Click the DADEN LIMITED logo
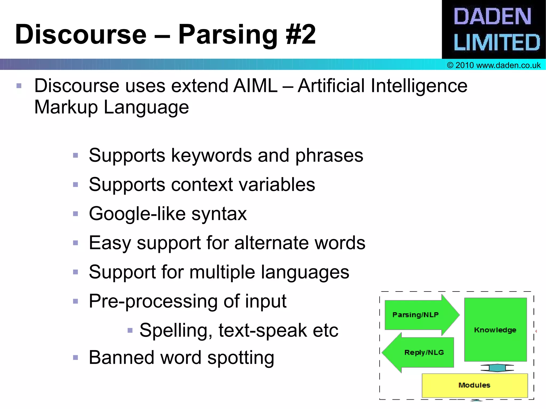pos(494,29)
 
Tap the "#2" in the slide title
pos(300,35)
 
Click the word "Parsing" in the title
pos(228,35)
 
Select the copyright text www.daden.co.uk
pos(494,65)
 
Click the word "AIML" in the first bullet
pos(255,86)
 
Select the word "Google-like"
pos(137,214)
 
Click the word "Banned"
pos(122,358)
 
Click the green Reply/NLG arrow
pos(421,353)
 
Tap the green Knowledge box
pos(495,330)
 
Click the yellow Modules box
pos(475,385)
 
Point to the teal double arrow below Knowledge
pos(497,368)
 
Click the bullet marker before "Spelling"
pos(130,331)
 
